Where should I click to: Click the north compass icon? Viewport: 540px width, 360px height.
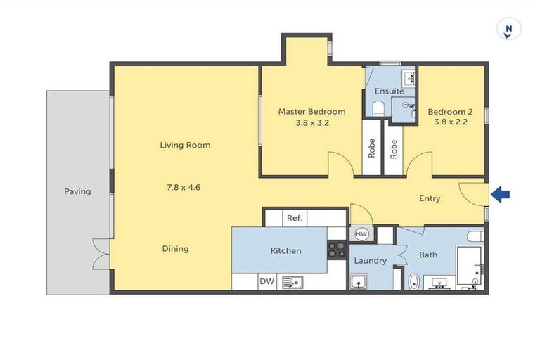[x=508, y=30]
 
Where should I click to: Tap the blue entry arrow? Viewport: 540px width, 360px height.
[x=500, y=195]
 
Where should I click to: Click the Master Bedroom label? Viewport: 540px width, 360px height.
[x=311, y=111]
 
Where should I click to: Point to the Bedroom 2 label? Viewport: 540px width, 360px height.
[x=450, y=111]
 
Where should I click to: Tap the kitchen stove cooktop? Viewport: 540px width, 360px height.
[x=337, y=250]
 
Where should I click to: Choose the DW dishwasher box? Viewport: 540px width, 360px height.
[x=266, y=282]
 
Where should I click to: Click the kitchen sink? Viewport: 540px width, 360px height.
[x=292, y=282]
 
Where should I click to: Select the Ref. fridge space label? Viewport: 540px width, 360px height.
[x=295, y=218]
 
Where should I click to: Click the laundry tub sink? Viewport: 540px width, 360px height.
[x=359, y=283]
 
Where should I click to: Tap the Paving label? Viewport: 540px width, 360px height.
[x=77, y=191]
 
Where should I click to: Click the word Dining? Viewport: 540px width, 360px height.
[x=174, y=248]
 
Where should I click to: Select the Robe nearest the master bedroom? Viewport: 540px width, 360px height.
[x=371, y=148]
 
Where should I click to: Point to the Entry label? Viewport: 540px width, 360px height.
[x=430, y=198]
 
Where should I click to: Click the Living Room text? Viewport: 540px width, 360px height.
[x=185, y=146]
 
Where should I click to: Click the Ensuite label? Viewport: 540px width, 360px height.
[x=389, y=91]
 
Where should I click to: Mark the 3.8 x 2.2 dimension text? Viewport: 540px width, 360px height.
[x=450, y=122]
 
